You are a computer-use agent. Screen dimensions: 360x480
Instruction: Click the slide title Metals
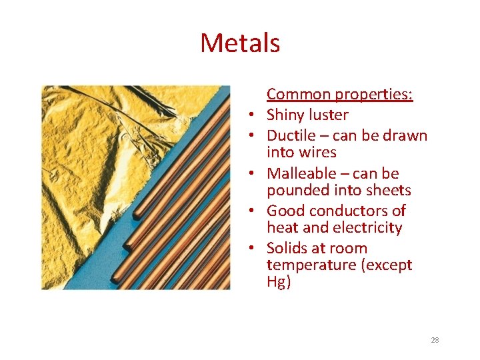240,43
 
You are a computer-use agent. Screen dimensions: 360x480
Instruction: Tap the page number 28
435,340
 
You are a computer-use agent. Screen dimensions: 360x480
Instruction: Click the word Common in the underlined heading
298,95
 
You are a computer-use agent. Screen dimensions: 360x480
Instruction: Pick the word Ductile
291,135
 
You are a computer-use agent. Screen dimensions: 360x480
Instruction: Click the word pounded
296,190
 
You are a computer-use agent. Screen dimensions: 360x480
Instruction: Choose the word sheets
389,190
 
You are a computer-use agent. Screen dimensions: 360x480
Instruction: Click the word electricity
370,227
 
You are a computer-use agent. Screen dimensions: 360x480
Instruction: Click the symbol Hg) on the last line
279,282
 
